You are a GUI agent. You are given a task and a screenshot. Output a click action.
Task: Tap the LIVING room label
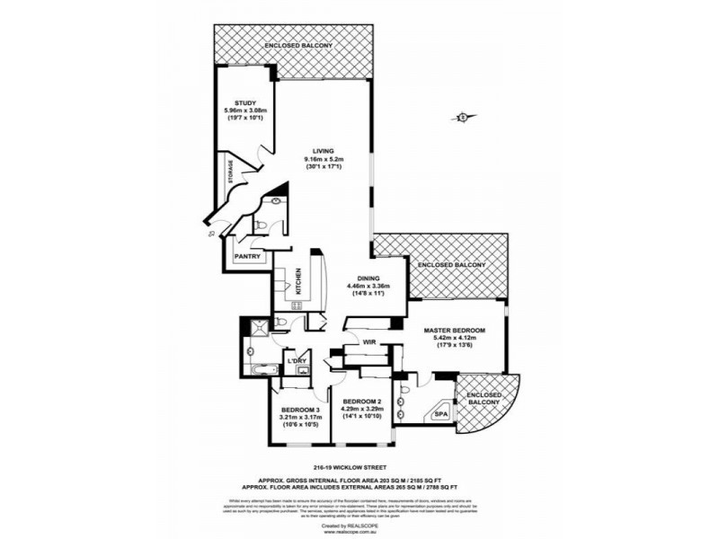pyautogui.click(x=324, y=150)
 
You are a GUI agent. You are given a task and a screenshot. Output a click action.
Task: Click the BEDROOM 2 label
pyautogui.click(x=361, y=401)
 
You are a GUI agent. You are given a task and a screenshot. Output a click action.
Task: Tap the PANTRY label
pyautogui.click(x=247, y=257)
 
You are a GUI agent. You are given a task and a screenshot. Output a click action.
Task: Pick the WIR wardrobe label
pyautogui.click(x=368, y=341)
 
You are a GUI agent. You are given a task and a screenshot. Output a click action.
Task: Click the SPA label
pyautogui.click(x=440, y=414)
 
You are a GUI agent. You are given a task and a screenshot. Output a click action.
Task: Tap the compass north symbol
pyautogui.click(x=463, y=115)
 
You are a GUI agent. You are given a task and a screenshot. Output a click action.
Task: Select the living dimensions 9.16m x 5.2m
pyautogui.click(x=324, y=159)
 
